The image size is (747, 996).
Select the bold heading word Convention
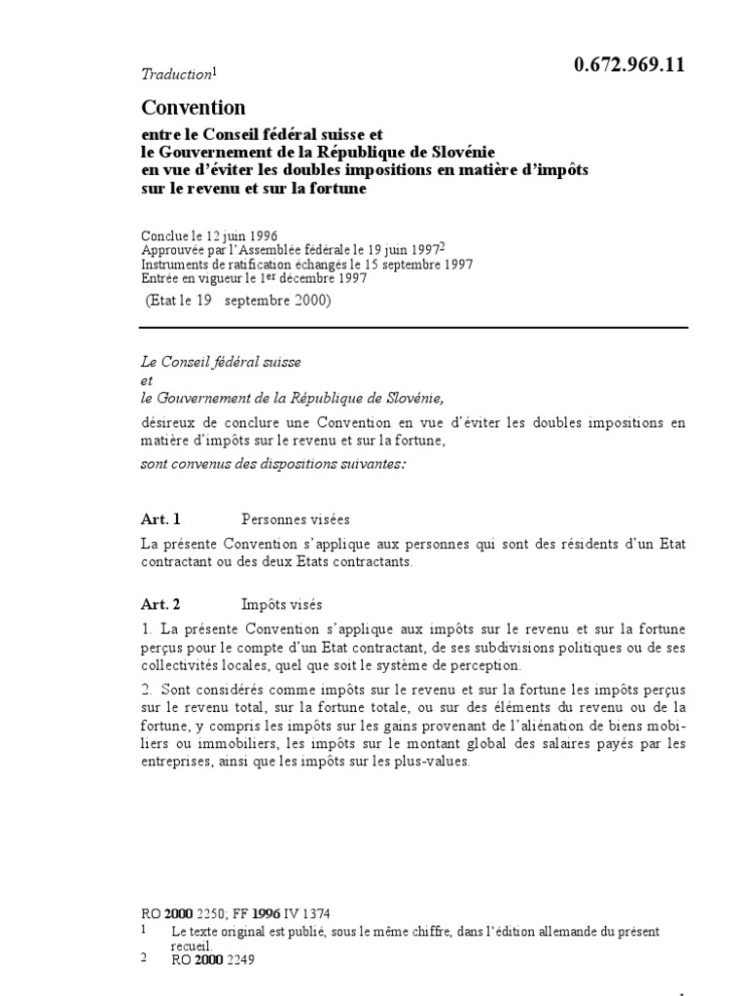click(194, 107)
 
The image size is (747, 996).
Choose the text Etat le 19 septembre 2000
click(237, 301)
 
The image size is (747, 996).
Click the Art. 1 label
click(161, 519)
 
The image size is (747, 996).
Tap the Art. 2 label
click(161, 604)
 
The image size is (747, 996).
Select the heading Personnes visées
click(296, 519)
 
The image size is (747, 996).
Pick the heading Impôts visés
click(282, 604)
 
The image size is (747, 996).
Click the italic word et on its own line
click(147, 380)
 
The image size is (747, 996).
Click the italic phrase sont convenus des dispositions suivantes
click(271, 464)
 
